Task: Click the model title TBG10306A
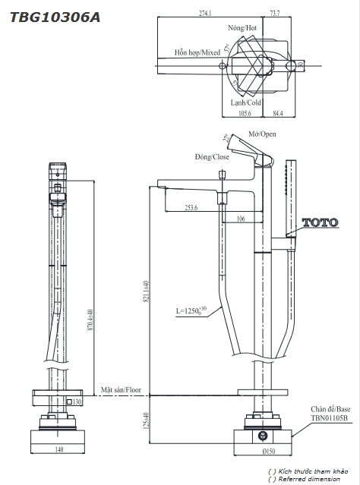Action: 55,17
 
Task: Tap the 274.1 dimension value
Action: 205,14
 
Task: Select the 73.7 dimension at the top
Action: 275,14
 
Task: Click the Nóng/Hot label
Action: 242,28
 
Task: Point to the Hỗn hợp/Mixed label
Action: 197,52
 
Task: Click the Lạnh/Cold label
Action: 246,102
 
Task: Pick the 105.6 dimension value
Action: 245,114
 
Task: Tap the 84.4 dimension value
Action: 278,114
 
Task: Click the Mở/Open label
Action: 262,134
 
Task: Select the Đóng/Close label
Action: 212,157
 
